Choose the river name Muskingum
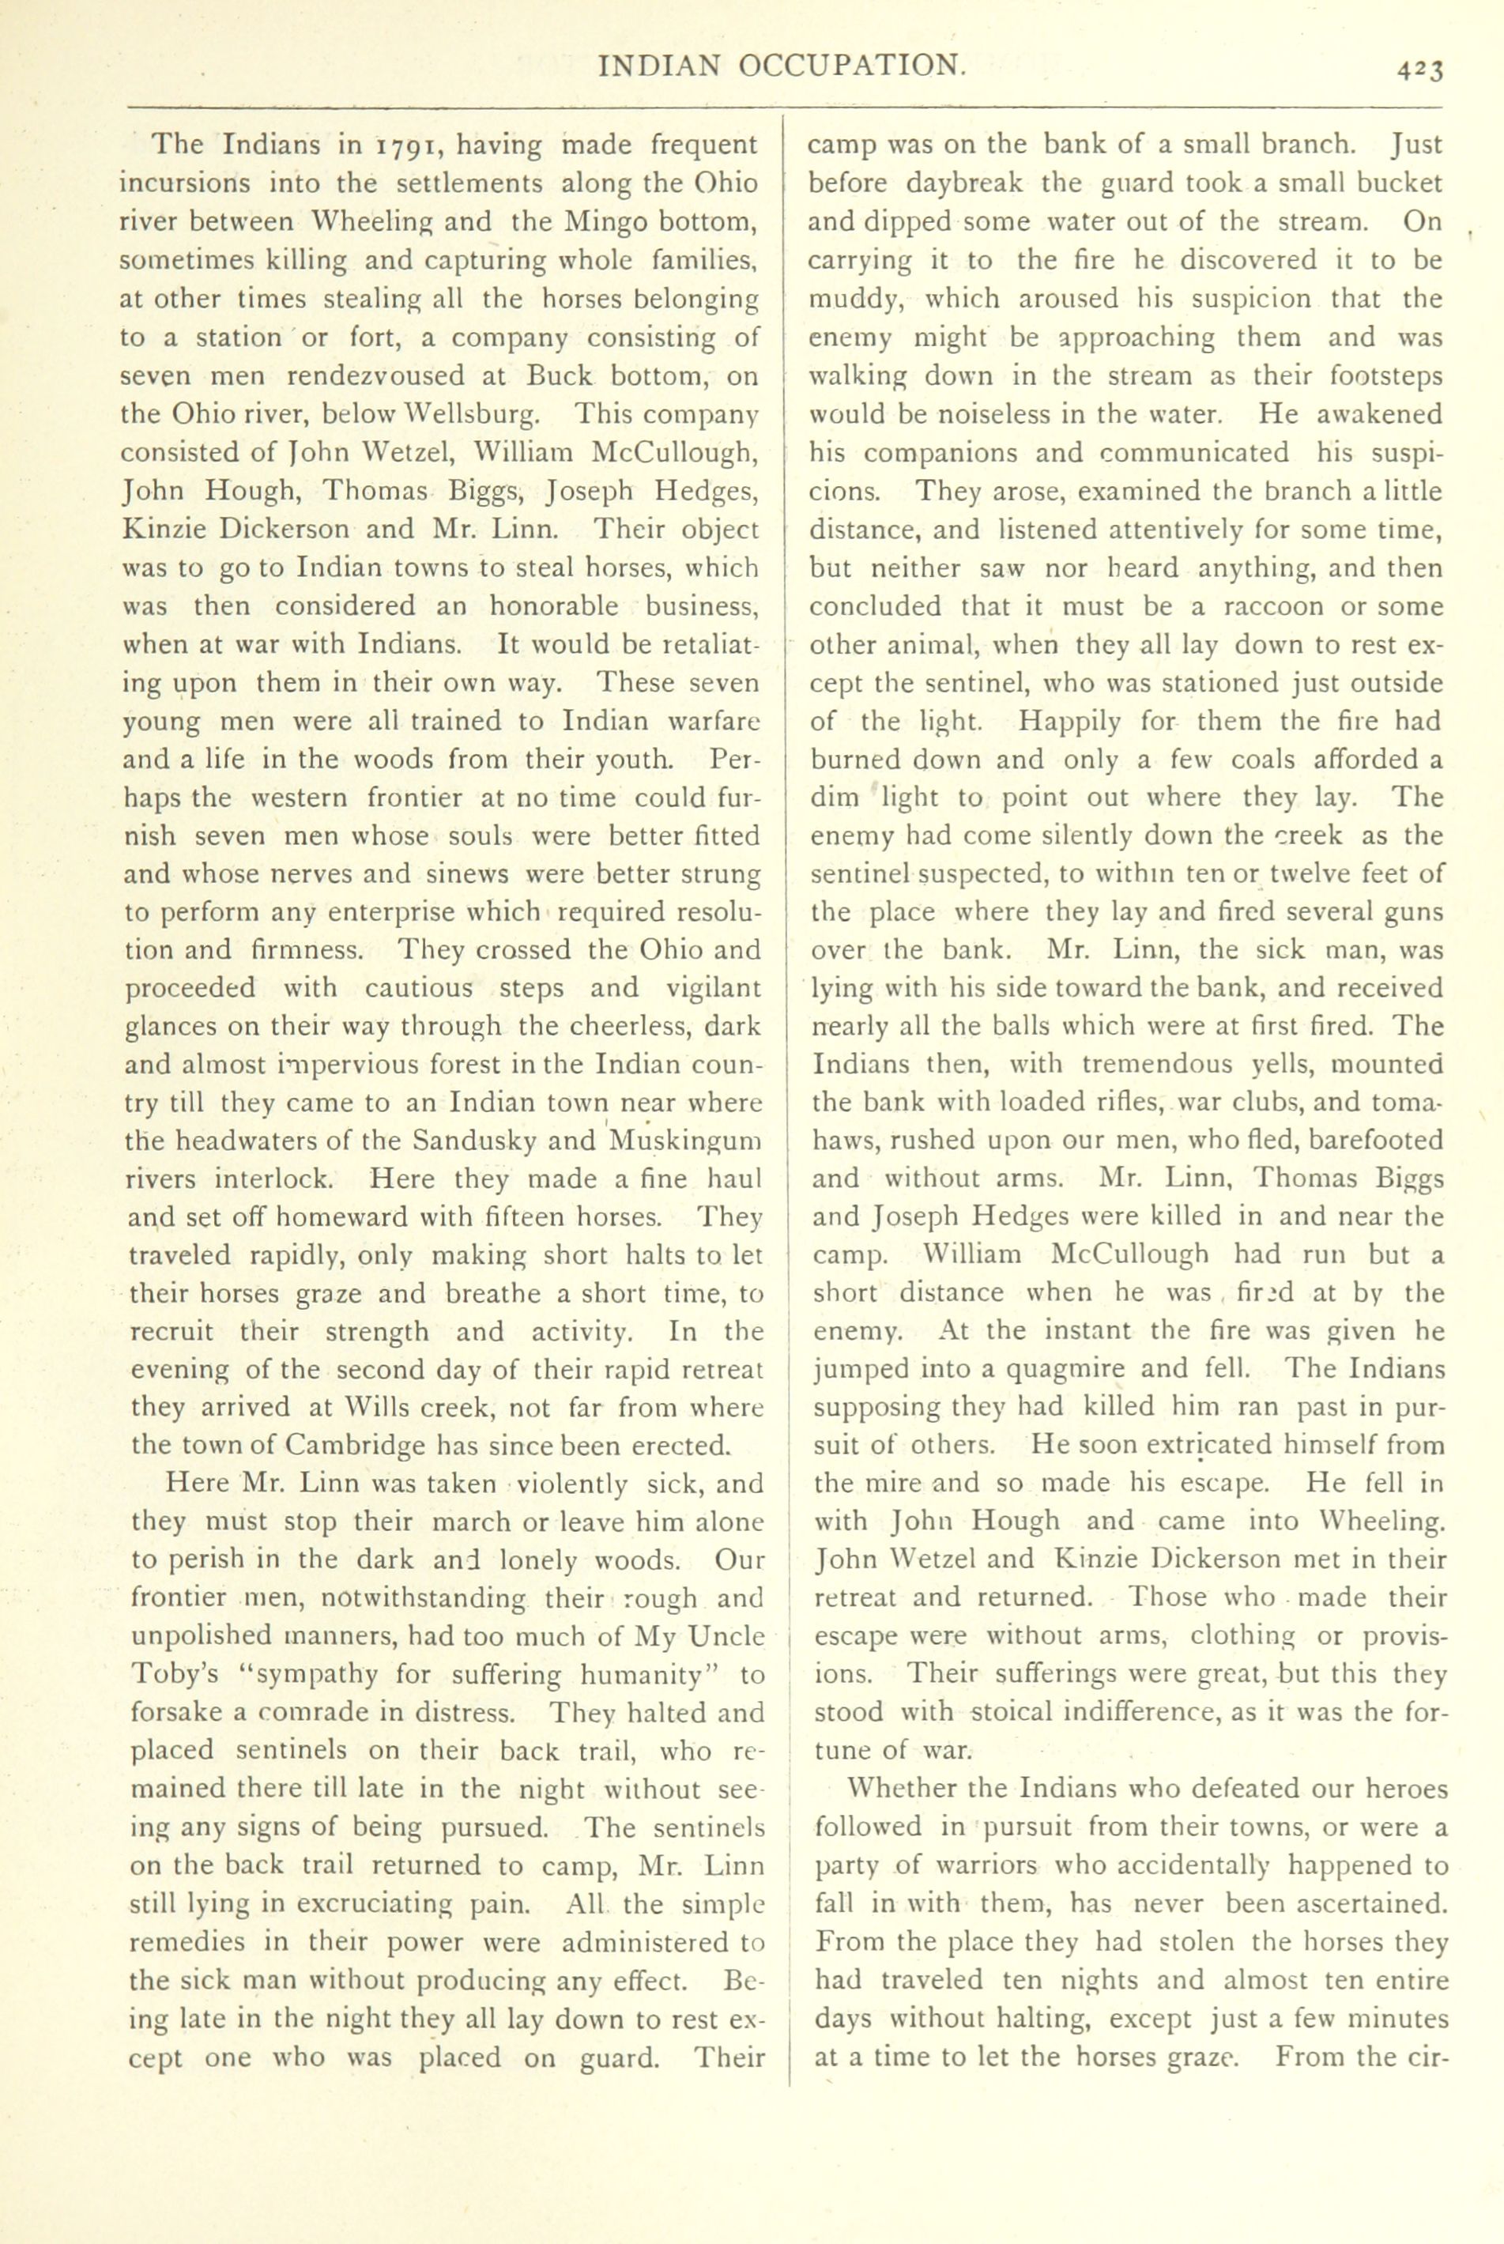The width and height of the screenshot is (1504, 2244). [x=684, y=1141]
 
